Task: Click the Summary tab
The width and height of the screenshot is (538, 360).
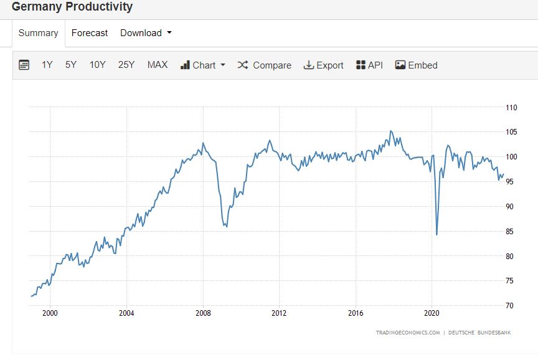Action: (x=38, y=33)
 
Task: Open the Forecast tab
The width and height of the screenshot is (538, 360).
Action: (x=90, y=33)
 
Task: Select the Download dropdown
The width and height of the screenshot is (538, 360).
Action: (x=146, y=33)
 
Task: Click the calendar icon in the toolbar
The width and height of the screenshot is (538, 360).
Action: (x=24, y=65)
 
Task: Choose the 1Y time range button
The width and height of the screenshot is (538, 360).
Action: (x=47, y=65)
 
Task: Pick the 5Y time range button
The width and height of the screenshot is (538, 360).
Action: (x=71, y=65)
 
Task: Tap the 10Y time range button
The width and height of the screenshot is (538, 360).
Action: (x=98, y=65)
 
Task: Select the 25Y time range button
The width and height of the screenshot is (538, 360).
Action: (x=126, y=65)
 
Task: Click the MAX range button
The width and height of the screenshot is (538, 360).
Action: (x=158, y=65)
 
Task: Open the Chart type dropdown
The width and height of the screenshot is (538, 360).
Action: (x=203, y=65)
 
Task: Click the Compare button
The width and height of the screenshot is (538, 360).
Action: (x=265, y=65)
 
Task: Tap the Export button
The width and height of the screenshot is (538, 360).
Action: (x=324, y=65)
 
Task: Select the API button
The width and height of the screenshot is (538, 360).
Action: (x=369, y=65)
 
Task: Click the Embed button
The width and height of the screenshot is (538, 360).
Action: (x=417, y=65)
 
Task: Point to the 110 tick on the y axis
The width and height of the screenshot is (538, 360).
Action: (x=512, y=107)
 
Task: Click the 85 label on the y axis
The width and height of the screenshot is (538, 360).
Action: (x=510, y=232)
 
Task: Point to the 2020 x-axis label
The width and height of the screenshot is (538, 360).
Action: (x=433, y=313)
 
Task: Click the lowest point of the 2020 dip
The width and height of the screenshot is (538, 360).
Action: (x=437, y=235)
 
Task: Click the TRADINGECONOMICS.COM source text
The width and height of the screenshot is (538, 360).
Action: (x=408, y=333)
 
